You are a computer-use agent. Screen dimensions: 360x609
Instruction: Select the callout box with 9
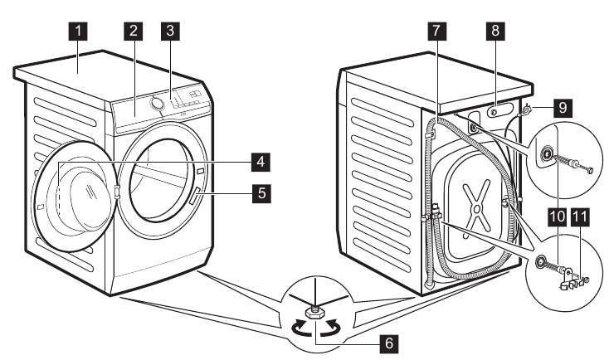tap(563, 107)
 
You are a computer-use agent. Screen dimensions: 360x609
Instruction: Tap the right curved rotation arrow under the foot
tap(336, 328)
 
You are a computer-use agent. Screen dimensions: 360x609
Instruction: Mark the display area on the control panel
tap(193, 96)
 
